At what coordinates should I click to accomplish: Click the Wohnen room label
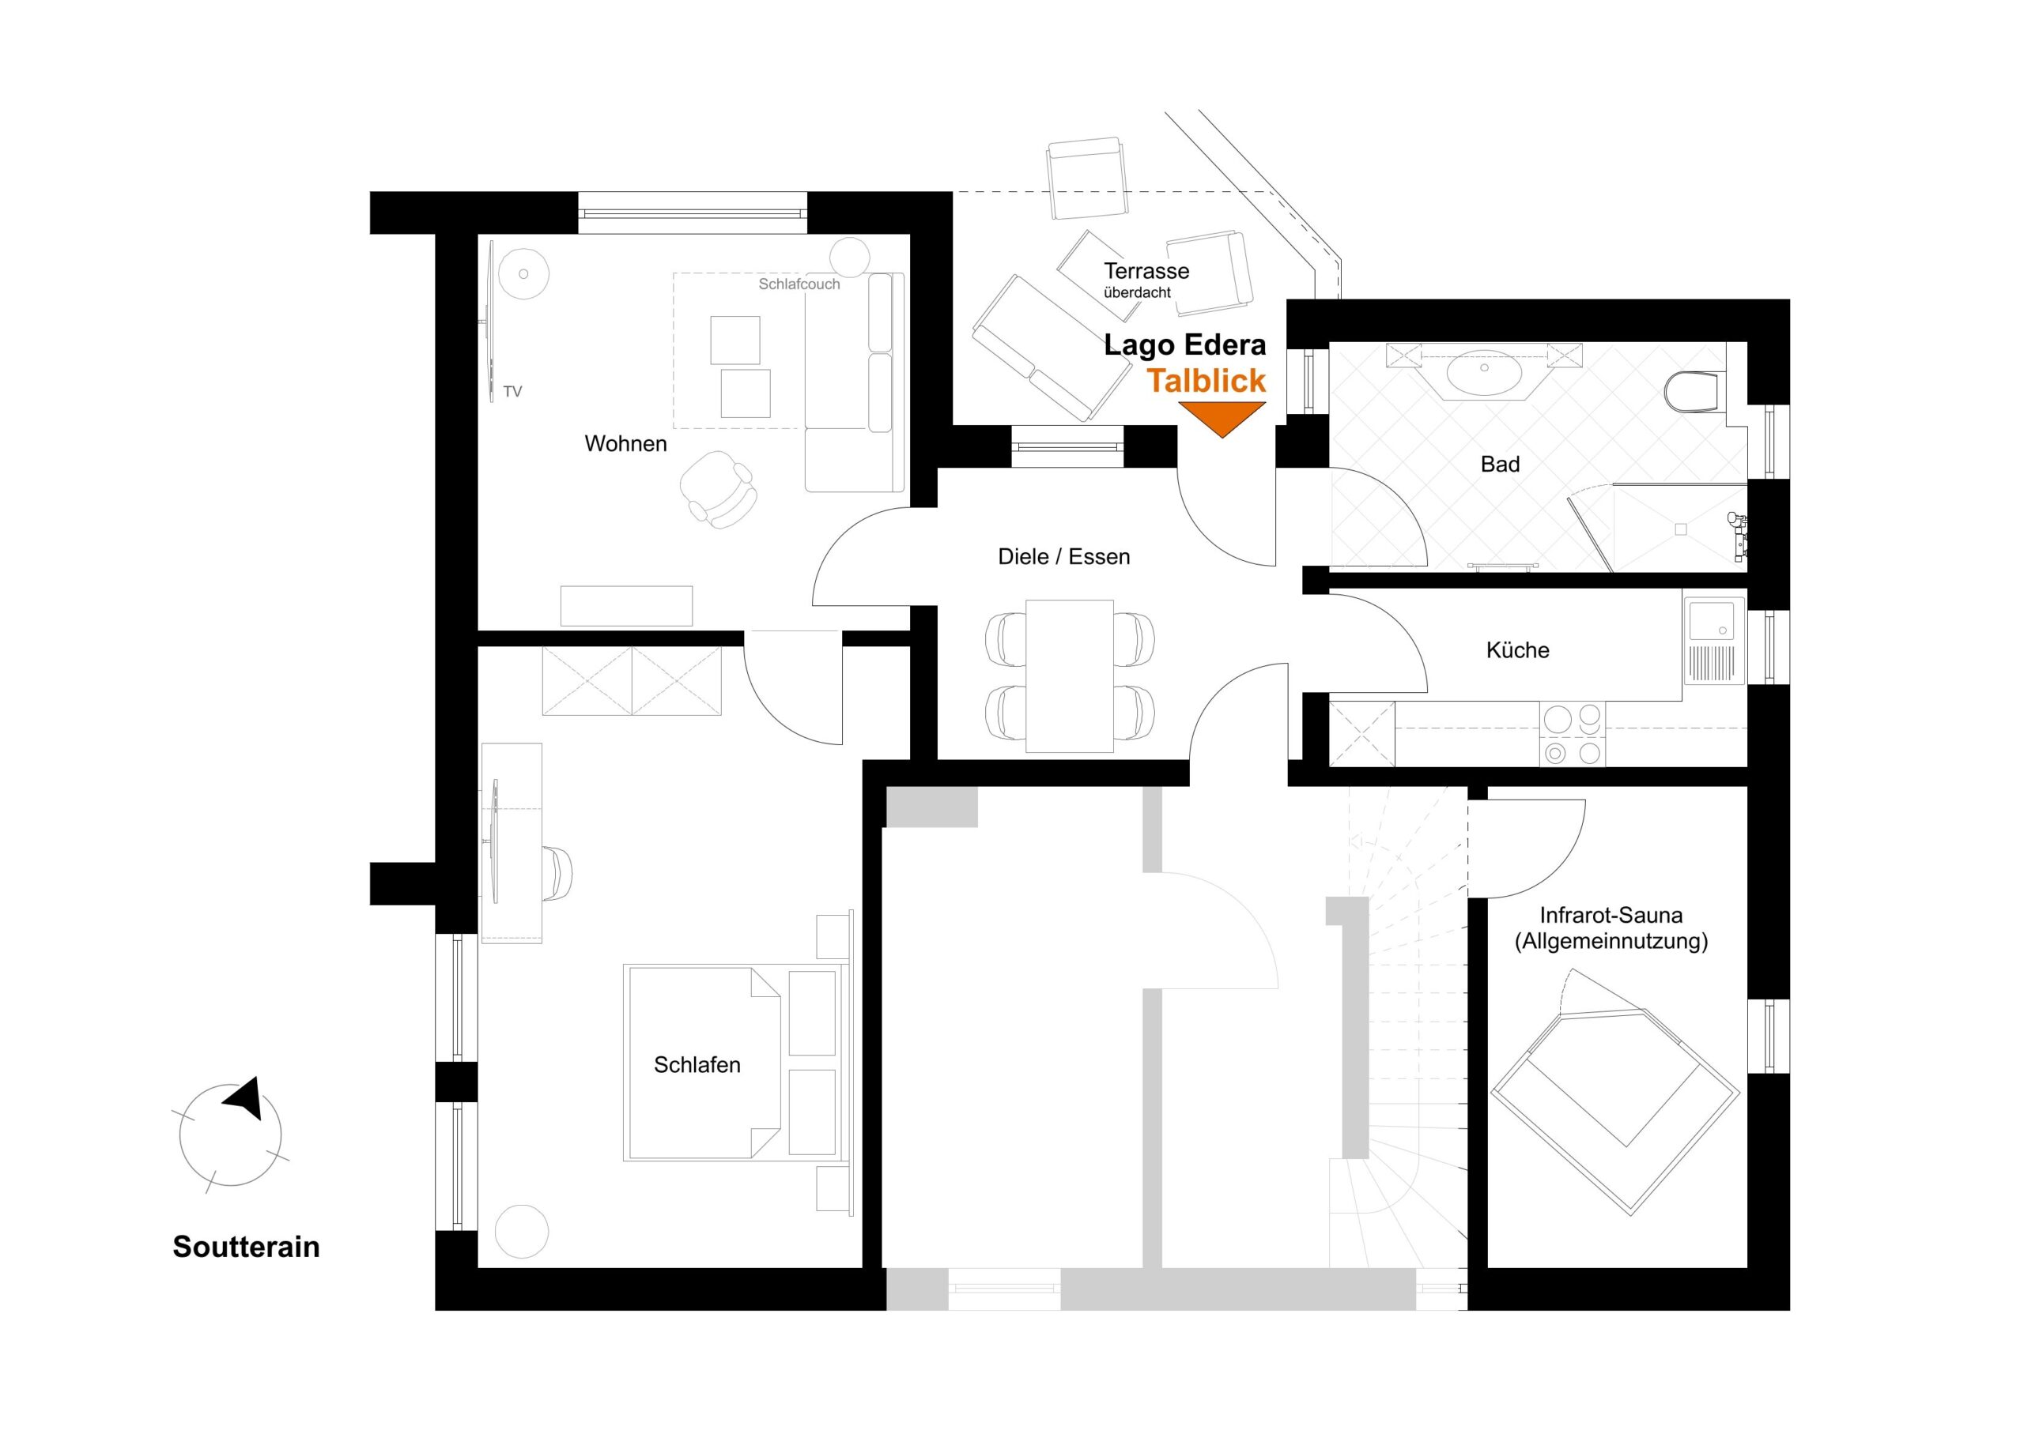tap(625, 443)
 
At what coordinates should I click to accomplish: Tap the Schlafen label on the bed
tap(697, 1064)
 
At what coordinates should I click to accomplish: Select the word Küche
tap(1517, 650)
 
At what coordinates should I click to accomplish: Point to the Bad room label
tap(1500, 465)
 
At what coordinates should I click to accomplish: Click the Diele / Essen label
tap(1063, 557)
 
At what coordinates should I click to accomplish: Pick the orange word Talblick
tap(1206, 381)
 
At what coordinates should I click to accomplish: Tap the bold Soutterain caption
tap(246, 1247)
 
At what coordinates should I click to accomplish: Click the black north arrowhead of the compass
tap(244, 1097)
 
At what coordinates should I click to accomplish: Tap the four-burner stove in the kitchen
tap(1573, 734)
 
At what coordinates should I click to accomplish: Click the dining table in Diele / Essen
tap(1069, 675)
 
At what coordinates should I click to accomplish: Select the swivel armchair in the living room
tap(719, 489)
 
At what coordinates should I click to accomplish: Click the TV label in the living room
tap(512, 392)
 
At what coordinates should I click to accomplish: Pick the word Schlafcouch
tap(799, 284)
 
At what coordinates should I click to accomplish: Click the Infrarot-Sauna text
tap(1611, 916)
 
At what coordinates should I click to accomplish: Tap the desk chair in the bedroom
tap(557, 873)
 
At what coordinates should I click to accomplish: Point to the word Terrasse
tap(1146, 270)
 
